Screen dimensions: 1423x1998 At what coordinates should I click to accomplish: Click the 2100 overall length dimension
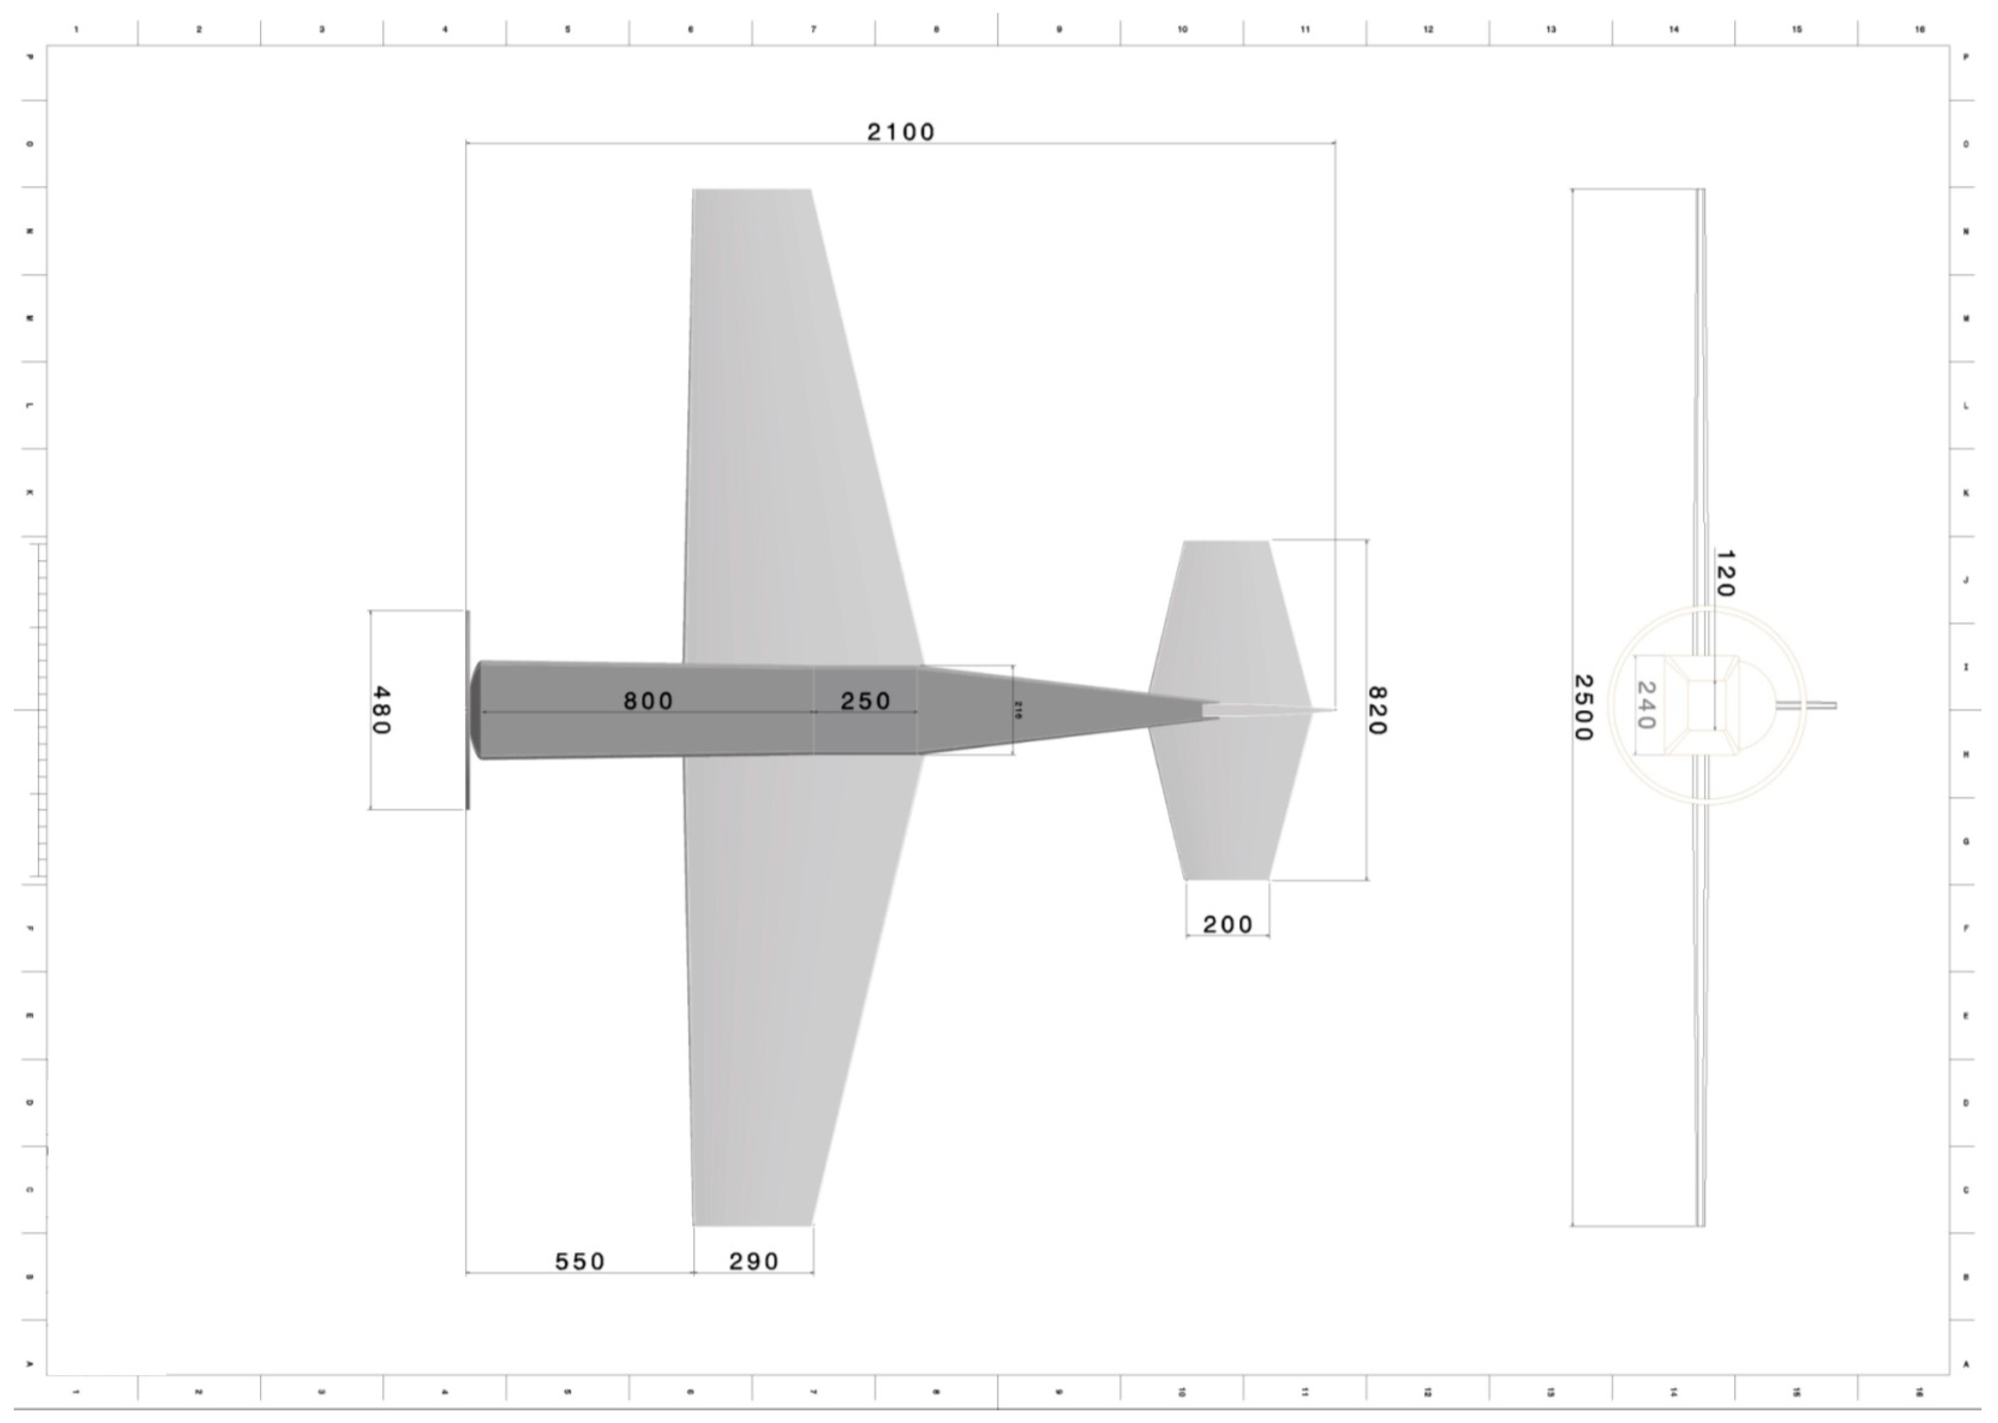900,132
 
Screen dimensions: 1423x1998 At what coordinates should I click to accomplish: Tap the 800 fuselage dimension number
648,701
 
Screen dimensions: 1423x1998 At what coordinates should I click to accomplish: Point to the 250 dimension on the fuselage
865,701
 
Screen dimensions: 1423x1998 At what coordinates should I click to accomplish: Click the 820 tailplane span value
1376,711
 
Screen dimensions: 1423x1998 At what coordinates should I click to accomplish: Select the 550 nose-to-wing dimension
580,1261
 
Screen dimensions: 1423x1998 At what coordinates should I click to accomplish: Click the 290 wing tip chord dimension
753,1261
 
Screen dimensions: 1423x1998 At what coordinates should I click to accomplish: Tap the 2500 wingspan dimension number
1582,707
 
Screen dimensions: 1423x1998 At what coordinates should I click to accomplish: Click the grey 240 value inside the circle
1645,705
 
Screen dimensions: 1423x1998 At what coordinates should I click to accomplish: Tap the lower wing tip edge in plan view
751,1224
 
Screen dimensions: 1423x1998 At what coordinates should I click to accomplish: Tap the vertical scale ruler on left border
40,710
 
